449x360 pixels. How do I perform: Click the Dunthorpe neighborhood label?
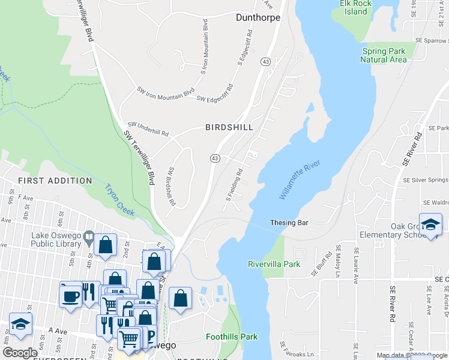pyautogui.click(x=259, y=17)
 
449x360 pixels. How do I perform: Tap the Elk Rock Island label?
pyautogui.click(x=354, y=7)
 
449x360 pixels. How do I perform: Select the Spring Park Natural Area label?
pyautogui.click(x=384, y=55)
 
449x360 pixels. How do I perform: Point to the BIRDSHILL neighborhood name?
pyautogui.click(x=229, y=127)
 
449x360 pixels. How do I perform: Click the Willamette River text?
pyautogui.click(x=300, y=180)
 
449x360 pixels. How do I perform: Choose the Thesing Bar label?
pyautogui.click(x=289, y=223)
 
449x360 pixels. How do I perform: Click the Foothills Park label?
pyautogui.click(x=231, y=337)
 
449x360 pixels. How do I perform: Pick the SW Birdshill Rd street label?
pyautogui.click(x=171, y=187)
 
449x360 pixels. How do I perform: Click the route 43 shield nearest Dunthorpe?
pyautogui.click(x=265, y=62)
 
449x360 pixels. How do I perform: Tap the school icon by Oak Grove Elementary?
pyautogui.click(x=430, y=225)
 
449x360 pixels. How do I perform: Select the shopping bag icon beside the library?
pyautogui.click(x=105, y=245)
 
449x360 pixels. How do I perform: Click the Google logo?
pyautogui.click(x=20, y=353)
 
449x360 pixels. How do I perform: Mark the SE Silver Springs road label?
pyautogui.click(x=425, y=180)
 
